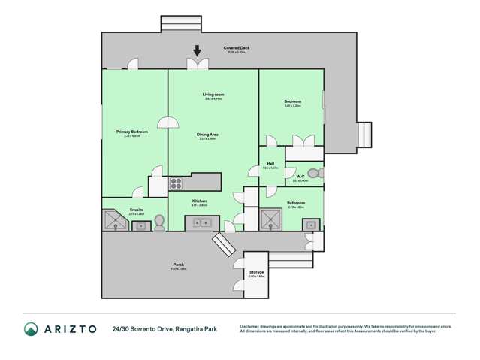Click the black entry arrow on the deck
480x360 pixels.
coord(198,52)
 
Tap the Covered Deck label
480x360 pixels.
coord(236,48)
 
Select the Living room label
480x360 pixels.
coord(213,95)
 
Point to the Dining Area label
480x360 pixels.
coord(207,135)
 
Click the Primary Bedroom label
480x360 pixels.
coord(132,132)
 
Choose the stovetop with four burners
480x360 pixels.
coord(177,181)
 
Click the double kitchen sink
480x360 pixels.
coord(201,222)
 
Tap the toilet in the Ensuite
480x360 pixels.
coord(158,222)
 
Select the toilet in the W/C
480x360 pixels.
coord(313,174)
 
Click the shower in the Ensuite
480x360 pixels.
coord(115,219)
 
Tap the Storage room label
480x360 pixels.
coord(257,273)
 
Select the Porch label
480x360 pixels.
coord(179,265)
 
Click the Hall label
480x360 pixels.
coord(270,165)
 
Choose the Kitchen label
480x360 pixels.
coord(199,201)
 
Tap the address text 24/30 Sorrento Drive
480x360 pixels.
coord(143,328)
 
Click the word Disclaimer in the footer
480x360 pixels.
coord(252,325)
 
